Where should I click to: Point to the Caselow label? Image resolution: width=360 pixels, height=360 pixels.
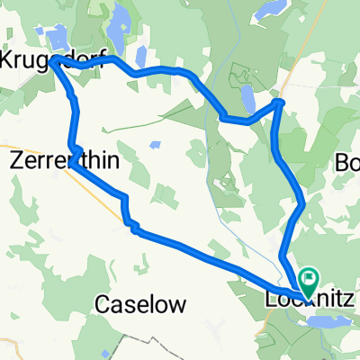(139, 305)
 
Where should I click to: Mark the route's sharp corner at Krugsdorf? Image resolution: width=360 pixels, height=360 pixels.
(57, 61)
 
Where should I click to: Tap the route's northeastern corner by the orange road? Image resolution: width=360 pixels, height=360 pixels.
(280, 103)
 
